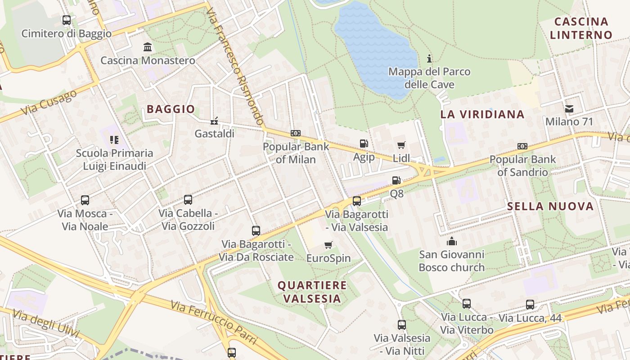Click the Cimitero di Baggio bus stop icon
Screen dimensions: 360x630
pos(67,20)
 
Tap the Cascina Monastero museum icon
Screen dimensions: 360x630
pos(148,47)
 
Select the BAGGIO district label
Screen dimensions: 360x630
pos(171,109)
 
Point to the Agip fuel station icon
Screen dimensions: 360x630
pos(364,144)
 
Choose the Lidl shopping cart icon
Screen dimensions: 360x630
pos(401,145)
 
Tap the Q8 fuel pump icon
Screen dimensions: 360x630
pos(396,180)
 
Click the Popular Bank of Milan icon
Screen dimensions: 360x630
pos(296,133)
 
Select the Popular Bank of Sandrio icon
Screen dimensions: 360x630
pos(522,146)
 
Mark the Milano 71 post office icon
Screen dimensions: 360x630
pos(569,108)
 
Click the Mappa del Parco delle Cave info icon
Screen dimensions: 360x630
pos(429,58)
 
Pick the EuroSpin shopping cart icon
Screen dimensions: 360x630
pos(328,245)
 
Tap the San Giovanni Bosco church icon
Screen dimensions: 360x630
pos(452,242)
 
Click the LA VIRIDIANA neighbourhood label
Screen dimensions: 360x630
pos(482,114)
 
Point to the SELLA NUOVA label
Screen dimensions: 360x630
pos(550,207)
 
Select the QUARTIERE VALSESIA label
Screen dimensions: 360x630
pos(312,292)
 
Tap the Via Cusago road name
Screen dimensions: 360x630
pos(49,102)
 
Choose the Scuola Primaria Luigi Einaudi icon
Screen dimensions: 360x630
pos(114,140)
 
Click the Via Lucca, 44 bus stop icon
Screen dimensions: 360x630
pos(530,305)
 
